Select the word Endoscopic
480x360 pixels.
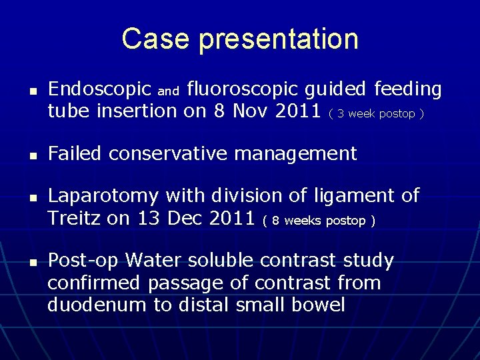(100, 89)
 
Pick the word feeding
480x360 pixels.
(408, 89)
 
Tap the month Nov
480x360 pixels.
(253, 111)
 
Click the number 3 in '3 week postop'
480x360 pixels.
(341, 114)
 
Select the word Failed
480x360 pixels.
(75, 154)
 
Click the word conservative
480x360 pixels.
(177, 154)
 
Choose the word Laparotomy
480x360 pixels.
(103, 197)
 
